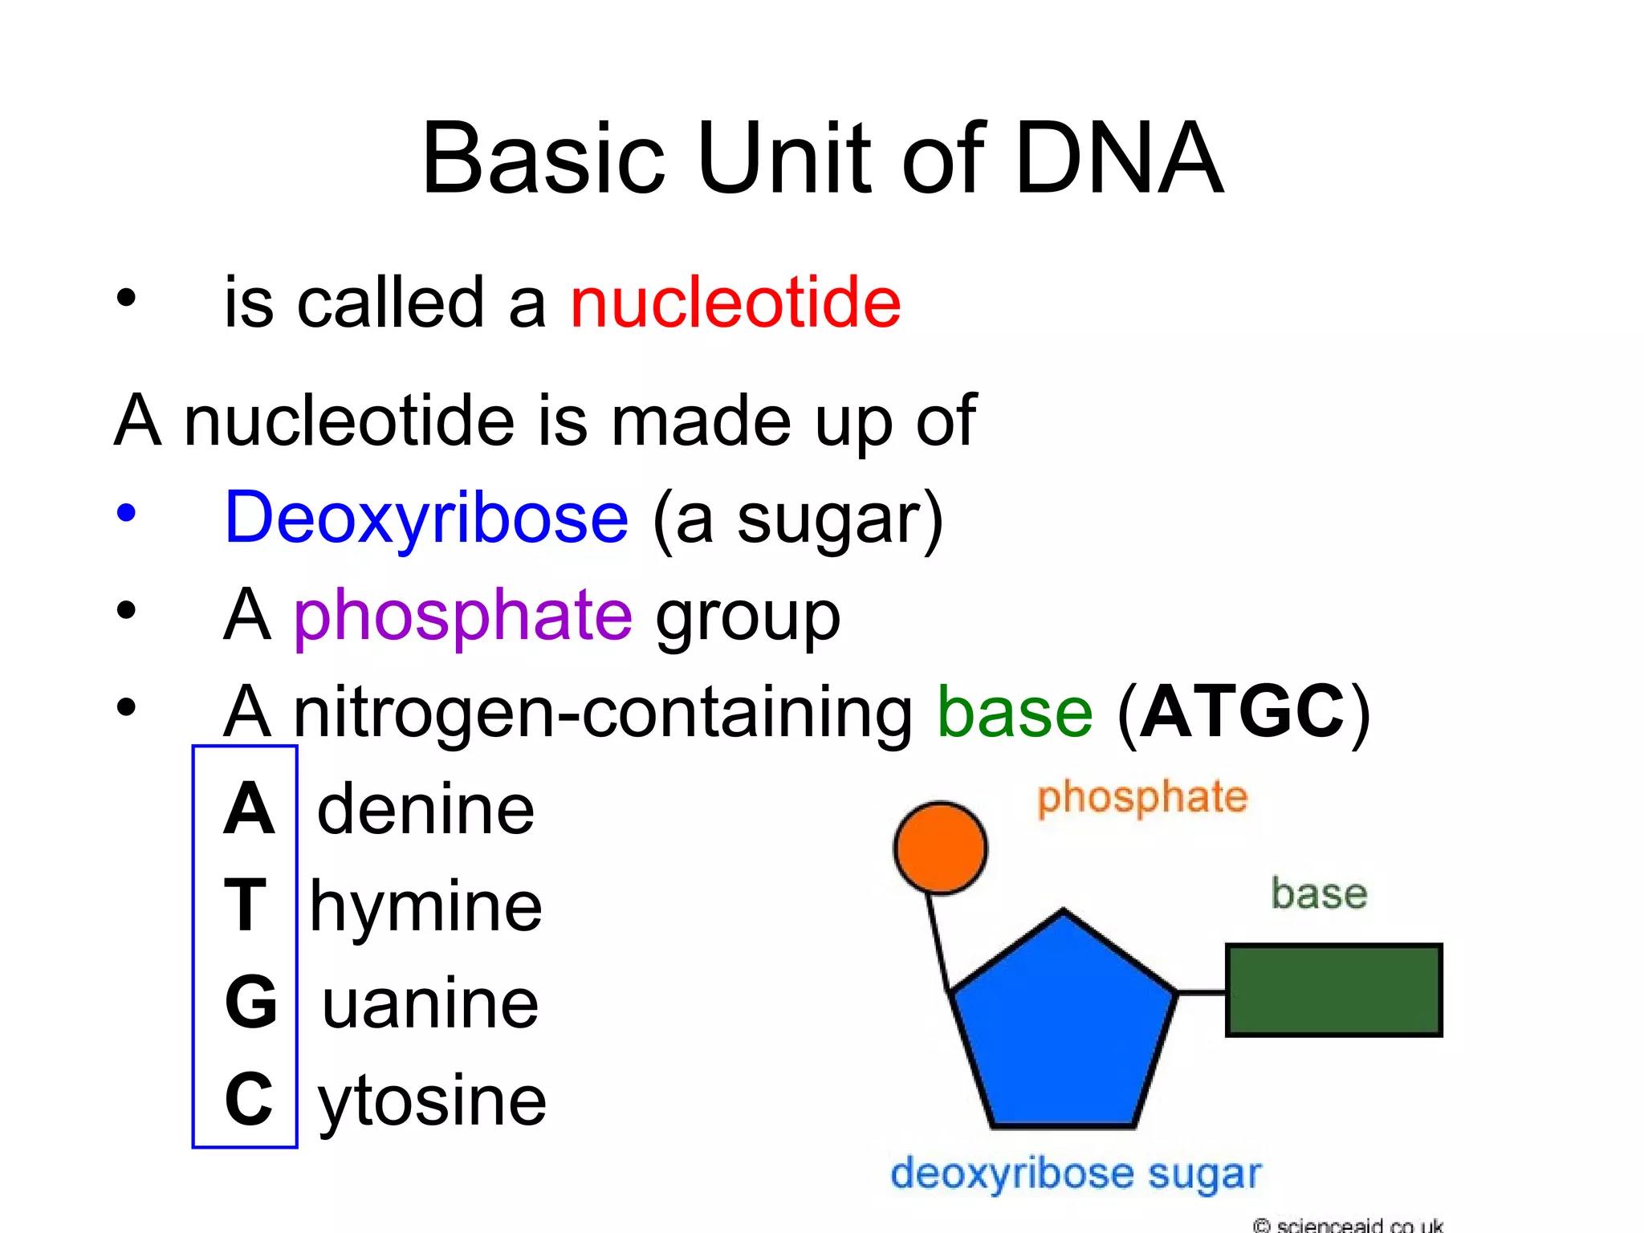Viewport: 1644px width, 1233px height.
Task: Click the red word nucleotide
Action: click(735, 303)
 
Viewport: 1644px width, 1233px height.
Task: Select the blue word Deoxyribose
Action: click(426, 518)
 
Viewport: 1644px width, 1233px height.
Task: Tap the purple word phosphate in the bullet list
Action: click(463, 615)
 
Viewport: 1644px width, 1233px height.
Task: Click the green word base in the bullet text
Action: click(1015, 712)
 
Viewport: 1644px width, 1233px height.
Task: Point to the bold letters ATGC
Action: click(1242, 712)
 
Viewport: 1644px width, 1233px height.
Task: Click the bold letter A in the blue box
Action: click(248, 809)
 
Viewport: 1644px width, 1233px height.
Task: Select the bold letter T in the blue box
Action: click(245, 905)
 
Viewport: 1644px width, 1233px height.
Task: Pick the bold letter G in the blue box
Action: click(250, 1003)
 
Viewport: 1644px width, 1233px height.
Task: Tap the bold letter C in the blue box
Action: click(248, 1099)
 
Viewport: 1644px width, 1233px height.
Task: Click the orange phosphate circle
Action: click(940, 848)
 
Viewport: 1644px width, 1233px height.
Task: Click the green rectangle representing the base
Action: click(1333, 991)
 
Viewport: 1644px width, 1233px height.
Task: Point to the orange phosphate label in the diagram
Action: click(1142, 798)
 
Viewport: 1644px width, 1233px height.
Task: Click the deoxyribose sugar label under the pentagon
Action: click(1076, 1174)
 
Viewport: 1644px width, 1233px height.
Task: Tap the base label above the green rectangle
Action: click(1319, 893)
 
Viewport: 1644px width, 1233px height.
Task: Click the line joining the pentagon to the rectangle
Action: click(1202, 993)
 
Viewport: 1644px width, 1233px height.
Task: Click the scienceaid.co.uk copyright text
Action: click(1349, 1225)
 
